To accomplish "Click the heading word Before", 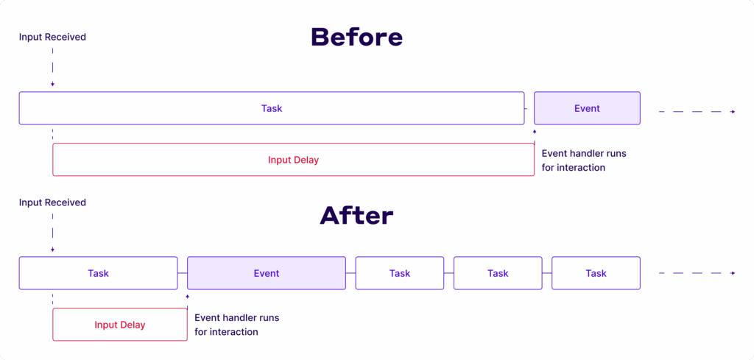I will click(x=356, y=37).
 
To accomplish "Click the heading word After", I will click(x=356, y=215).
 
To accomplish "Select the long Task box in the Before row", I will click(x=272, y=108).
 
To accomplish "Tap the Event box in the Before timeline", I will click(x=587, y=108).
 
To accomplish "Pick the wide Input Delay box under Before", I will click(x=293, y=160).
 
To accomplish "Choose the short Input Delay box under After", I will click(x=120, y=325).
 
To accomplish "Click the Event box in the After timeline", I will click(x=267, y=273).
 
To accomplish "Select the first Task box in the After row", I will click(x=98, y=273).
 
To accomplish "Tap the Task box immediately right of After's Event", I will click(x=400, y=273).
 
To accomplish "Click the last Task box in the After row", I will click(x=596, y=273).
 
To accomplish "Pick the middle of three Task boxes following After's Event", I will click(x=498, y=273).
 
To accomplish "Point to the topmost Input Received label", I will click(x=52, y=37).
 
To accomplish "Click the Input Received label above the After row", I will click(x=52, y=202).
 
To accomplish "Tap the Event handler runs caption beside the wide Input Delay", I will click(x=584, y=160).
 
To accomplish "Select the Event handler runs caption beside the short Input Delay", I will click(x=236, y=325).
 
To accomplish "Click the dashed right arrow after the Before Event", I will click(x=697, y=112).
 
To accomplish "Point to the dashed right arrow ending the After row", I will click(x=697, y=273).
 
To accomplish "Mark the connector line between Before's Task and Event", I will click(x=529, y=108).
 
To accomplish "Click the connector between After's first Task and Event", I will click(x=183, y=273).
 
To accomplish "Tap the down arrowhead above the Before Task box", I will click(x=52, y=85).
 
